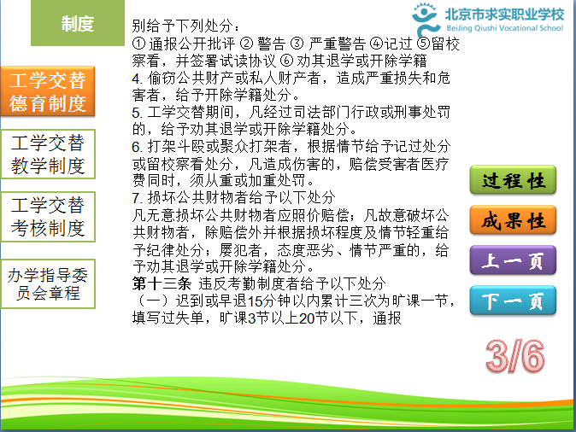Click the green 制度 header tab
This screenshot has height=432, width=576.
[x=78, y=23]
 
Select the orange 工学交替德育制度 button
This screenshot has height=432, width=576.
[x=48, y=91]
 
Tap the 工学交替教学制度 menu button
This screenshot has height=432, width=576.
[x=48, y=155]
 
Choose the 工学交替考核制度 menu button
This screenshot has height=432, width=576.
[x=48, y=217]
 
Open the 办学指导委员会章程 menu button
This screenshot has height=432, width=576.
[x=48, y=283]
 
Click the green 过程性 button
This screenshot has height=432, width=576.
[x=513, y=180]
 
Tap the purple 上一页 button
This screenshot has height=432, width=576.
[x=513, y=260]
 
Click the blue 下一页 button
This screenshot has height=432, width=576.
[x=513, y=301]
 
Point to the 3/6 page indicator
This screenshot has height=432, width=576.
[x=514, y=356]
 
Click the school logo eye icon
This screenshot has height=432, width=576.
[x=425, y=19]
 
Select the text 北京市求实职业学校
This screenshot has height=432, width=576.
[x=504, y=15]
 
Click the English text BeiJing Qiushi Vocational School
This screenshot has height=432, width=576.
[x=504, y=28]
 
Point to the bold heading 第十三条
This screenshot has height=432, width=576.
[x=162, y=283]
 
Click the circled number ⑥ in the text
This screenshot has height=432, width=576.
[x=286, y=61]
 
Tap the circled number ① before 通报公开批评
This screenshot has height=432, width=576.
[x=138, y=44]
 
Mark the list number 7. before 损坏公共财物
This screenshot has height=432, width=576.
[x=138, y=198]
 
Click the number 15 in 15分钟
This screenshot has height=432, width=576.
[x=255, y=301]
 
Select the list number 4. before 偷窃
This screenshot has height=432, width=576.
[x=137, y=79]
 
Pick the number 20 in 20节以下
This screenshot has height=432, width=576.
[x=306, y=318]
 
